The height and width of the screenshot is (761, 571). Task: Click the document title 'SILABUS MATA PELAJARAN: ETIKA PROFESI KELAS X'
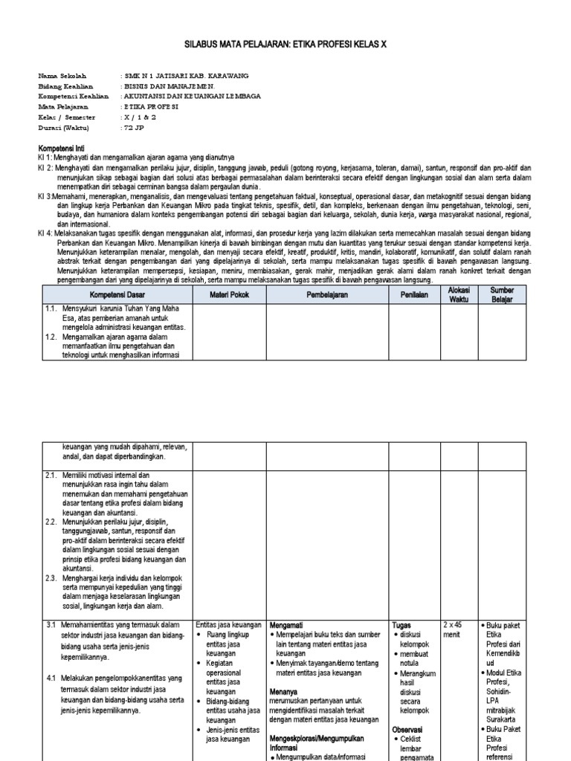[x=285, y=45]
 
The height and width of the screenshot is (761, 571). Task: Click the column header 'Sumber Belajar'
[x=503, y=294]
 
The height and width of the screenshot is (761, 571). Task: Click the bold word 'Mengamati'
[x=286, y=625]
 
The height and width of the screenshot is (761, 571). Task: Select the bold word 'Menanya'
[x=283, y=691]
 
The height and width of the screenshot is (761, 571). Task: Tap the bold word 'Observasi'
[x=407, y=730]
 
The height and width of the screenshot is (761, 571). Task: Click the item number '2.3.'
[x=51, y=577]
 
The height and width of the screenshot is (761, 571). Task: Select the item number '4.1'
[x=51, y=679]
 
